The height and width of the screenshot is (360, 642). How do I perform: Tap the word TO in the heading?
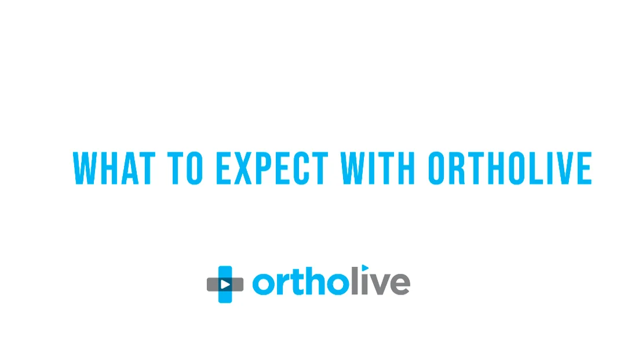[188, 169]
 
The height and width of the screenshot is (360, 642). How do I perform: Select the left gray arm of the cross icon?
[212, 284]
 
